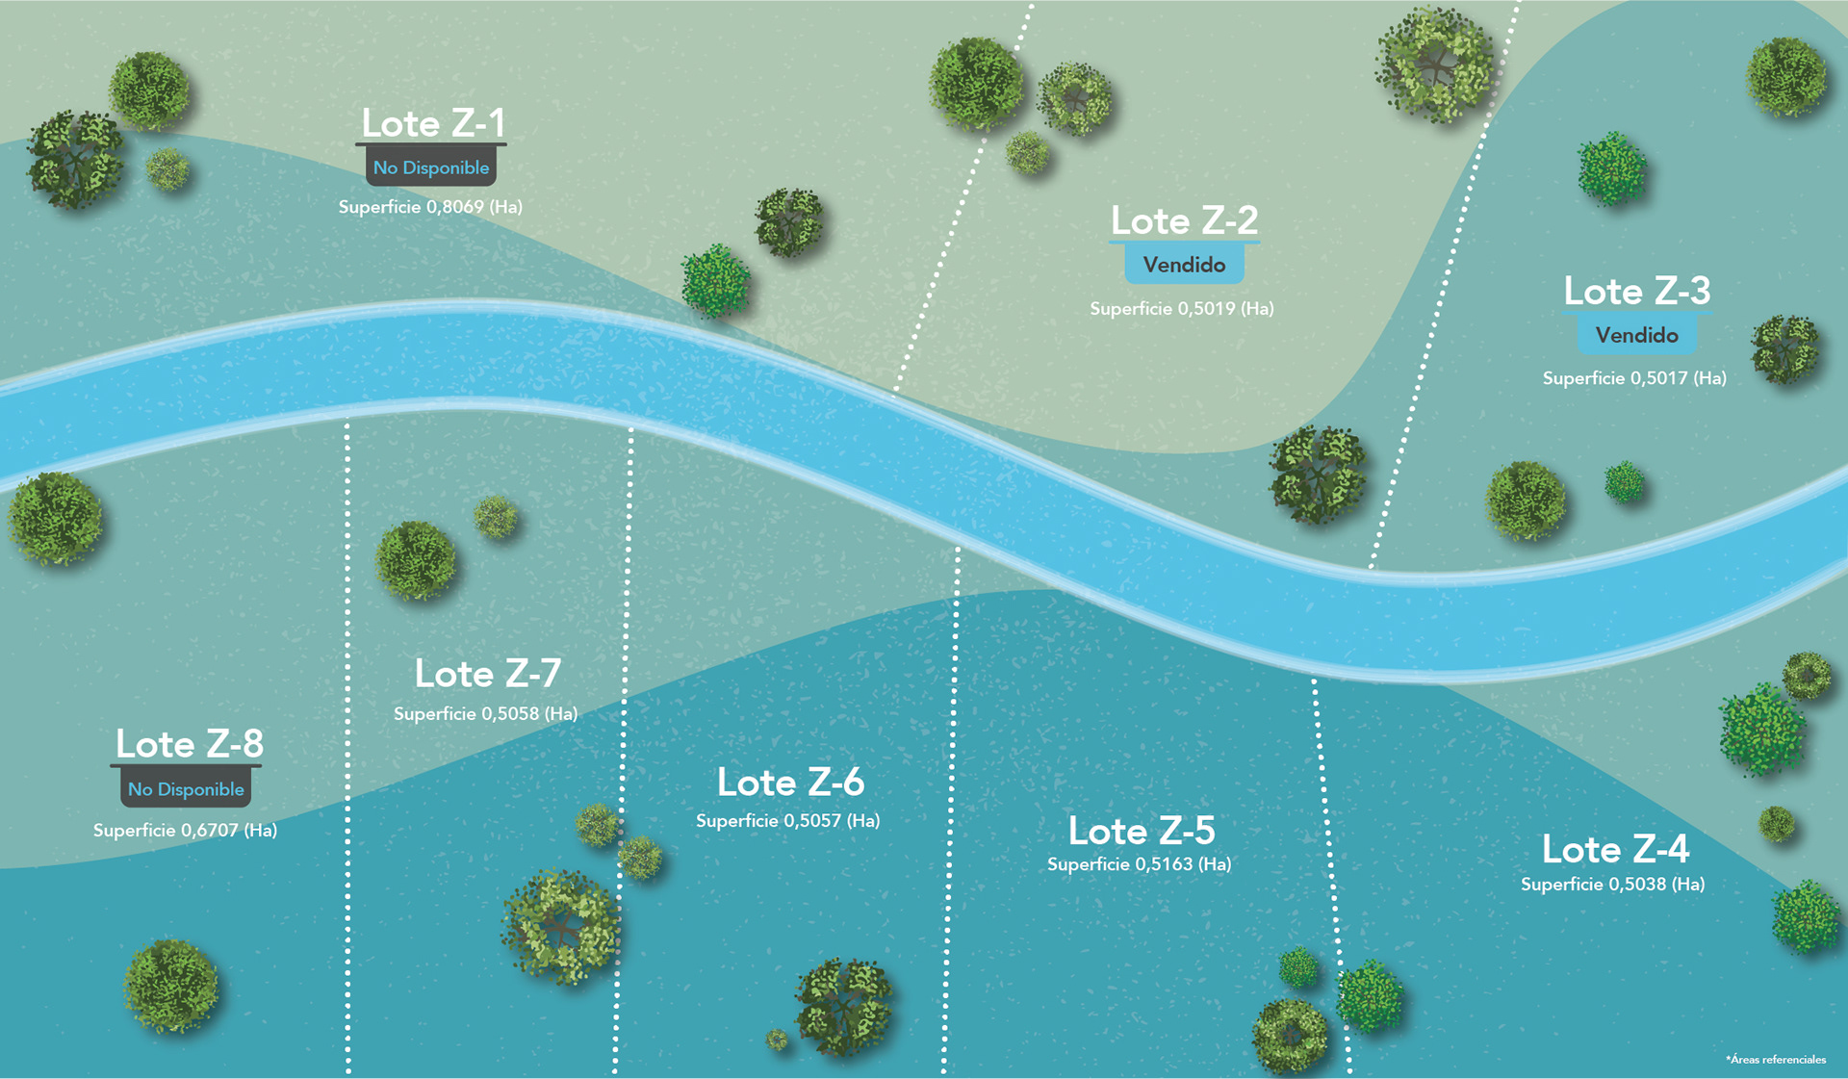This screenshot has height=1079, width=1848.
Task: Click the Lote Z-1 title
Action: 432,123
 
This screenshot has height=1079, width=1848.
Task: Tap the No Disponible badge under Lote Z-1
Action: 431,167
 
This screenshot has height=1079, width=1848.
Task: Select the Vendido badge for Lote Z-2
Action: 1184,265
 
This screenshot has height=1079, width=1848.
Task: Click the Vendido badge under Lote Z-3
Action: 1636,335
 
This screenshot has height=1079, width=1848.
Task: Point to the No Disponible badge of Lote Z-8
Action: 186,789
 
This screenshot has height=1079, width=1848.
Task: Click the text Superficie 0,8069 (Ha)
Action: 430,207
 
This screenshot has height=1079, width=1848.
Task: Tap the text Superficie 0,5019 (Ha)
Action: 1181,309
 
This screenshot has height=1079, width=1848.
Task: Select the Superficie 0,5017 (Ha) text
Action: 1633,378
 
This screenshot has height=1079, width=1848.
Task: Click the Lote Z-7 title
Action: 487,674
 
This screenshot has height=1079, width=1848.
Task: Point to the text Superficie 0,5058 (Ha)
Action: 485,714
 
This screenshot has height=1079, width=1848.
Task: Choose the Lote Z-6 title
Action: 790,783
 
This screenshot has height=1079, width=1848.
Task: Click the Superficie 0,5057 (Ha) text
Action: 787,821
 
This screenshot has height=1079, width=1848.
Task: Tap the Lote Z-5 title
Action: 1142,831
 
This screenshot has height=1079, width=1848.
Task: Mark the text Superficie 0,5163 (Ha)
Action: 1139,864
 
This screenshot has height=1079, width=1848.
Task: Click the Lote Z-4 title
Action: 1615,849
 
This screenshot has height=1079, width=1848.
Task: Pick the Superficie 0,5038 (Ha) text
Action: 1612,885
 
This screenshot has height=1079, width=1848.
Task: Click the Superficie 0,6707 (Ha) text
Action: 185,831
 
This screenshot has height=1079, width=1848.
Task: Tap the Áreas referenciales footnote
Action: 1776,1060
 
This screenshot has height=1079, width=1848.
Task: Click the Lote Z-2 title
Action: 1184,220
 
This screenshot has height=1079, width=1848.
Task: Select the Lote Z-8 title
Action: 189,744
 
